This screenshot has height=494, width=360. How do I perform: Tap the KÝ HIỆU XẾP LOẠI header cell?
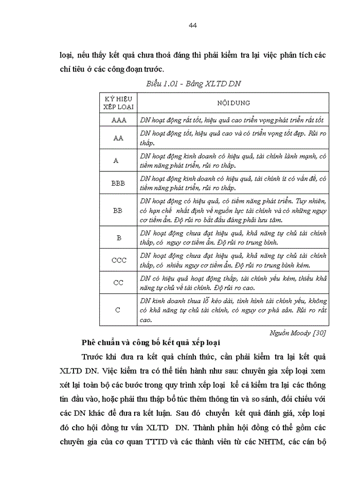[118, 102]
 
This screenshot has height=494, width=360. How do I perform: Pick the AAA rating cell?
[118, 120]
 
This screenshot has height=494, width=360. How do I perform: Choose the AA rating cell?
[118, 138]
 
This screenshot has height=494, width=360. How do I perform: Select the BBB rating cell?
[118, 183]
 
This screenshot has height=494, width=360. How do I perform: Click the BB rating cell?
[118, 210]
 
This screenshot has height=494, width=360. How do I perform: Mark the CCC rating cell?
[118, 260]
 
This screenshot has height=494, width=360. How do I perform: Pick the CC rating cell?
[118, 283]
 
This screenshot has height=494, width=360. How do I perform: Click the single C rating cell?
[118, 310]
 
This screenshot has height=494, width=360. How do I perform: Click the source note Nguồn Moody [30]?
[298, 332]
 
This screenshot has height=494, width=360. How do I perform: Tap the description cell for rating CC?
[232, 283]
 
